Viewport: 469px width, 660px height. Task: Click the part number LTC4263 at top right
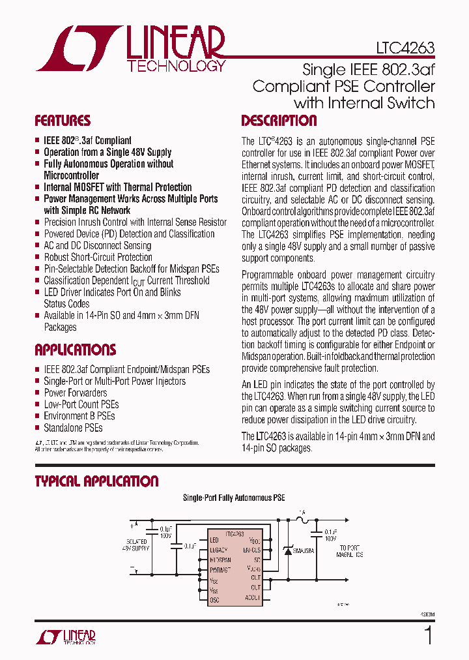(405, 48)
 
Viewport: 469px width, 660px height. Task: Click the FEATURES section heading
(63, 121)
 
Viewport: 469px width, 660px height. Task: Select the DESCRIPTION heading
(279, 121)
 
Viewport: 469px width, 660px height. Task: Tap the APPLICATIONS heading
(75, 350)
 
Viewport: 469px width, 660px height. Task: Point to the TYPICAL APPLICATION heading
(96, 481)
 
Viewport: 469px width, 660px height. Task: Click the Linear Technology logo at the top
(131, 48)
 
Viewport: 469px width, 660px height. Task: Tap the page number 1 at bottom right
(427, 635)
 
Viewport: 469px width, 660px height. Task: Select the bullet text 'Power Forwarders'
(75, 393)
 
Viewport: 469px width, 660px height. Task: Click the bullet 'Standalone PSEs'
(73, 428)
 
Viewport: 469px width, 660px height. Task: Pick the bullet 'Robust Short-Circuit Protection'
(98, 257)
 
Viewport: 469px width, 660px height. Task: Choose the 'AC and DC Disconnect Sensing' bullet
(97, 245)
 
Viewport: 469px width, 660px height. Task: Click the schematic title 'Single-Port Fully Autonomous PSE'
(233, 498)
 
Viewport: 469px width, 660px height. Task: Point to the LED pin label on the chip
(214, 540)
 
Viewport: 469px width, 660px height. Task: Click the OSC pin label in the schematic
(215, 599)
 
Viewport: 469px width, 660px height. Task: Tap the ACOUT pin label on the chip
(253, 597)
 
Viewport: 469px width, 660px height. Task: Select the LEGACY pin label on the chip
(219, 550)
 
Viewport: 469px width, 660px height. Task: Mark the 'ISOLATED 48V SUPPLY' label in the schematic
(137, 545)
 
